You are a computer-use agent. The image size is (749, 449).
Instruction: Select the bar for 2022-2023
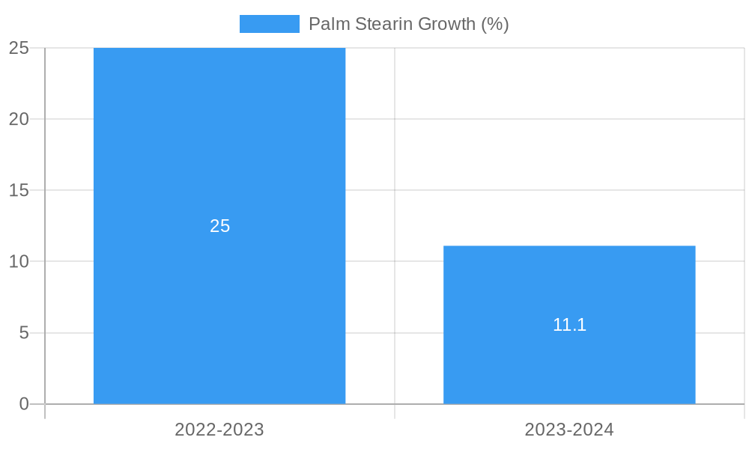[219, 150]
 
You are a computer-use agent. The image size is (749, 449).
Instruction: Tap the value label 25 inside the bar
[219, 226]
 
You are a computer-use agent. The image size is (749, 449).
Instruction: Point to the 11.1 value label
[569, 325]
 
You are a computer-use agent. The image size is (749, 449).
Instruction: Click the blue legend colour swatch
[269, 24]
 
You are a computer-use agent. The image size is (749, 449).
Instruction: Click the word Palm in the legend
[325, 24]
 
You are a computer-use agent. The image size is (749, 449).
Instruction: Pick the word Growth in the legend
[446, 24]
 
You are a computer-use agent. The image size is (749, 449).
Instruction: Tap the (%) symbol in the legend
[495, 24]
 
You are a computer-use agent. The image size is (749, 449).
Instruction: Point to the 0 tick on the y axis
[23, 404]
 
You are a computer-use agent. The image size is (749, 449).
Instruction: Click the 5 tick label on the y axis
[23, 332]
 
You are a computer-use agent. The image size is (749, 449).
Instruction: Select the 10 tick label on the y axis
[19, 261]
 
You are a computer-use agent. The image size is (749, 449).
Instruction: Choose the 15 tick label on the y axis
[19, 190]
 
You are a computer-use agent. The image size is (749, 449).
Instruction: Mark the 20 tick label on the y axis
[19, 119]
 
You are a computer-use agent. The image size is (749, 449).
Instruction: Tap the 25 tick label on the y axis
[19, 48]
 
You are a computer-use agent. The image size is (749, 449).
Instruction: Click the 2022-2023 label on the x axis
[219, 430]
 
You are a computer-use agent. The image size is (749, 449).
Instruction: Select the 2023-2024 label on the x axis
[569, 430]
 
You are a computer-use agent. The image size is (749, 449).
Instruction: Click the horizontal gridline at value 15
[395, 190]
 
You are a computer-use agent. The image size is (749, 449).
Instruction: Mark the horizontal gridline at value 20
[395, 119]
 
